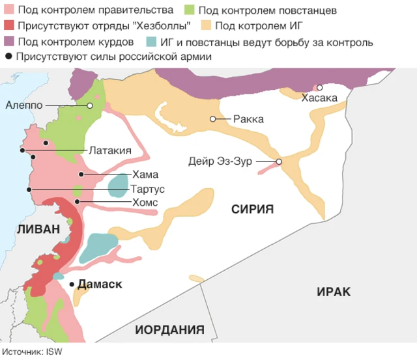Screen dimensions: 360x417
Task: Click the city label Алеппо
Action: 24,105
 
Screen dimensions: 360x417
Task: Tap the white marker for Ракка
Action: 213,119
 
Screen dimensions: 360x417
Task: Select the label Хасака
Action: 319,98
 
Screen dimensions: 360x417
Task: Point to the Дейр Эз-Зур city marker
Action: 279,162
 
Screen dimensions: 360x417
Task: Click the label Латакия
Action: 110,150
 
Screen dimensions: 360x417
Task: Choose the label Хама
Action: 145,174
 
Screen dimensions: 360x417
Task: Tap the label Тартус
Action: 147,189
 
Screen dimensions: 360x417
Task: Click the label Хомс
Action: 145,202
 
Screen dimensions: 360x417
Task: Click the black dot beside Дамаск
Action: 72,284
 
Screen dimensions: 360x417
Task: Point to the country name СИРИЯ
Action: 252,209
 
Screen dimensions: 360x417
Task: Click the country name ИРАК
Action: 334,292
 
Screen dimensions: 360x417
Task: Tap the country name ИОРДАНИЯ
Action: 169,329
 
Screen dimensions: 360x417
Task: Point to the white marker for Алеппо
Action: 90,105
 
